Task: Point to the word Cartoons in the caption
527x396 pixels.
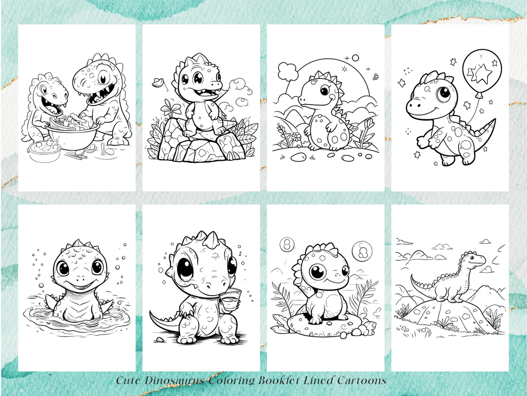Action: (362, 380)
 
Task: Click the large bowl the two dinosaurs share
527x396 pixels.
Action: (73, 133)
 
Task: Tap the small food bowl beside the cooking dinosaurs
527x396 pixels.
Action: (45, 151)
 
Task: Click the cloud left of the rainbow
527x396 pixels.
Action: (288, 71)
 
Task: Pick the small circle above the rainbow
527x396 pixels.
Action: (355, 58)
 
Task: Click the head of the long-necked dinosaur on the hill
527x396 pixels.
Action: (475, 258)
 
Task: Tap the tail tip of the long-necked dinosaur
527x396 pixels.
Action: (412, 277)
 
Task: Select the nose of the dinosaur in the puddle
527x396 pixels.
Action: (80, 279)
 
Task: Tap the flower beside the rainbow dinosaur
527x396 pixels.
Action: (296, 137)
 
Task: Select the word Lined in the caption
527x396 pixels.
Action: (319, 380)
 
